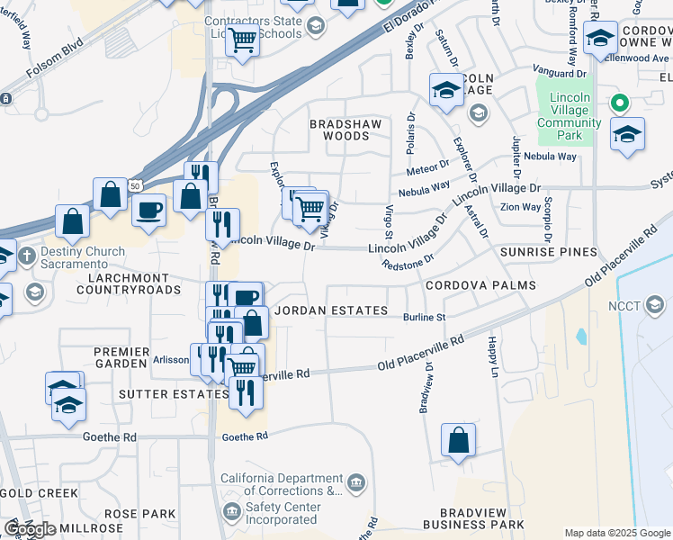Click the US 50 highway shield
pyautogui.click(x=134, y=184)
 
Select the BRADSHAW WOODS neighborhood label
pyautogui.click(x=345, y=130)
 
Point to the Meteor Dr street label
pyautogui.click(x=427, y=166)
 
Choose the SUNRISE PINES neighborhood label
pyautogui.click(x=549, y=251)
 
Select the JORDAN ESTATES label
pyautogui.click(x=331, y=310)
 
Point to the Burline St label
pyautogui.click(x=424, y=318)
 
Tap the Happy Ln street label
pyautogui.click(x=493, y=356)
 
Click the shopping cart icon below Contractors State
pyautogui.click(x=242, y=41)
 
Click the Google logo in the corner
pyautogui.click(x=30, y=529)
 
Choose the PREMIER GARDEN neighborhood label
pyautogui.click(x=120, y=356)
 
